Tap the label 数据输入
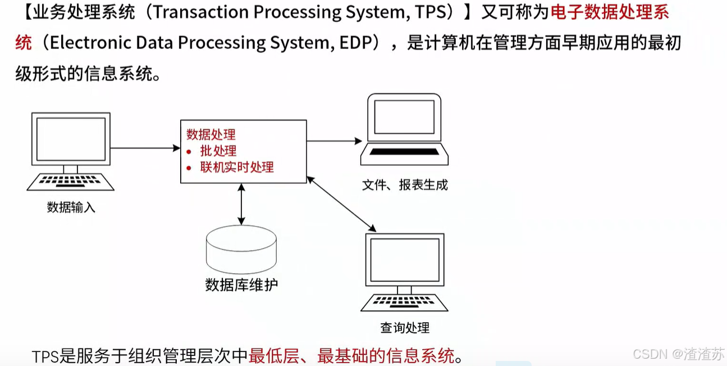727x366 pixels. (71, 207)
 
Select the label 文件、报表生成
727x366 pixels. (405, 185)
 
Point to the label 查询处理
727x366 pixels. (404, 328)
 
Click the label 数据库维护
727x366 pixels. (241, 285)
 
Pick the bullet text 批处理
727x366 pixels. (218, 151)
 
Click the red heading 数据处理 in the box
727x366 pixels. (211, 134)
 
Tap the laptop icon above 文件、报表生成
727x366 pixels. (404, 129)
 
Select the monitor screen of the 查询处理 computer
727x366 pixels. (404, 259)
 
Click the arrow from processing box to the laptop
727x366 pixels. (335, 141)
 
